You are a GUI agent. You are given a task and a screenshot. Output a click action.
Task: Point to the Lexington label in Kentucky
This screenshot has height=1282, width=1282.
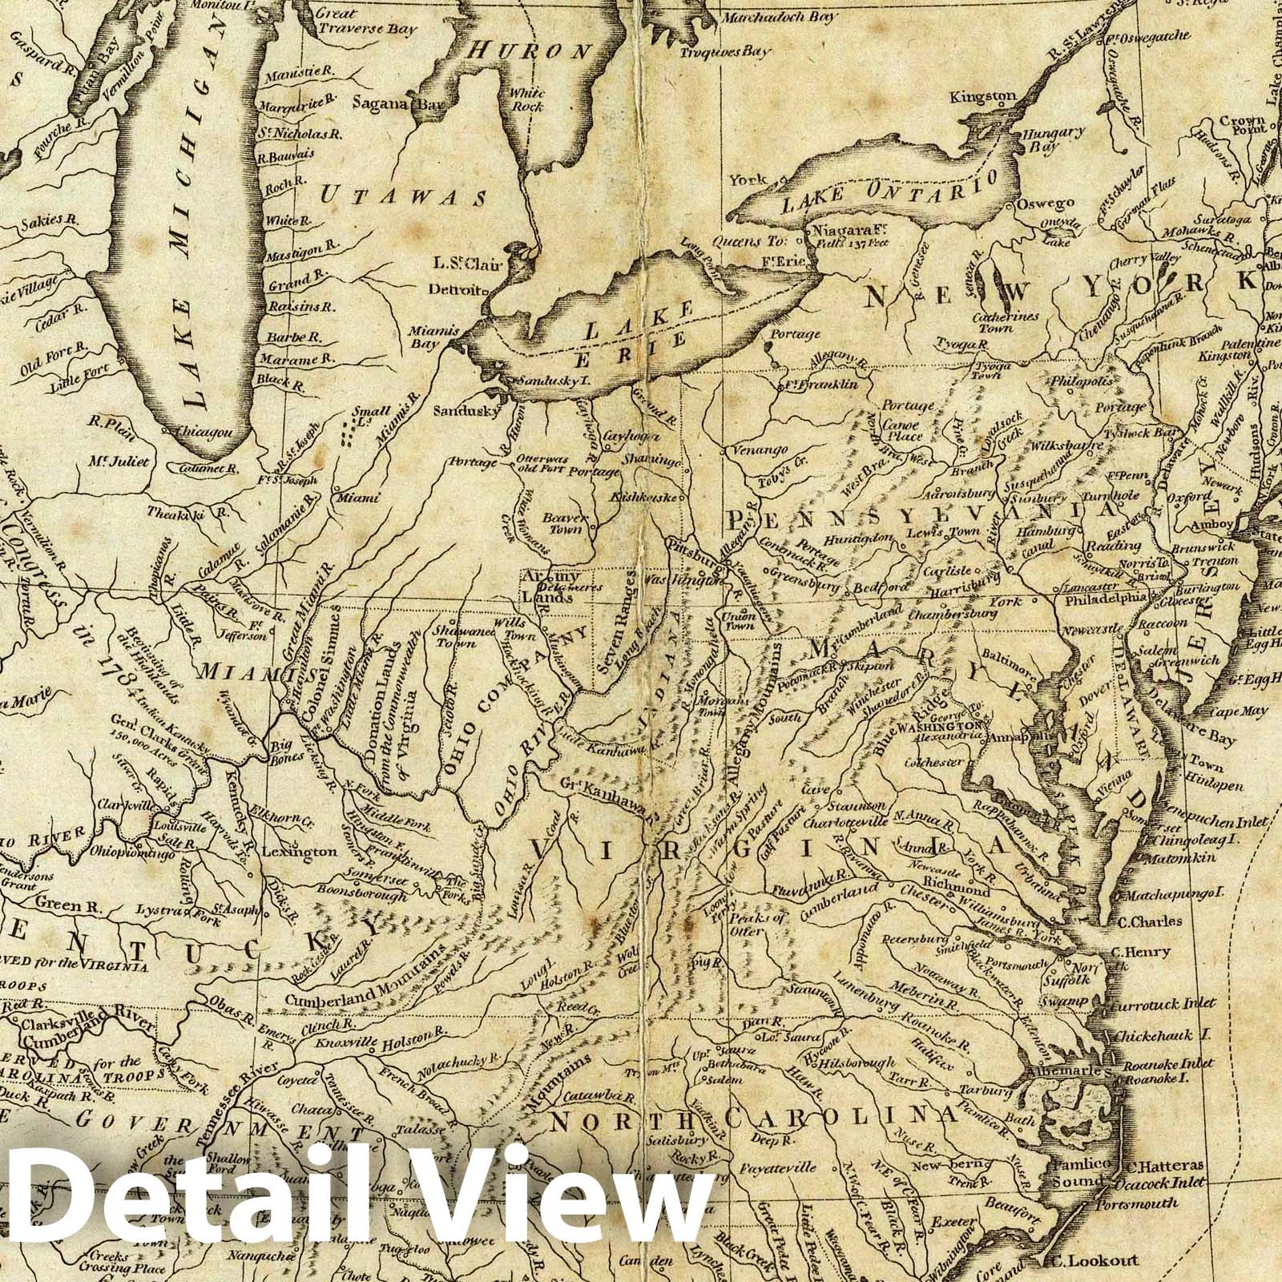tap(308, 851)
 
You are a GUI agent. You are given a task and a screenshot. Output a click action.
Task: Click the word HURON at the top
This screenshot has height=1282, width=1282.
tap(528, 51)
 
